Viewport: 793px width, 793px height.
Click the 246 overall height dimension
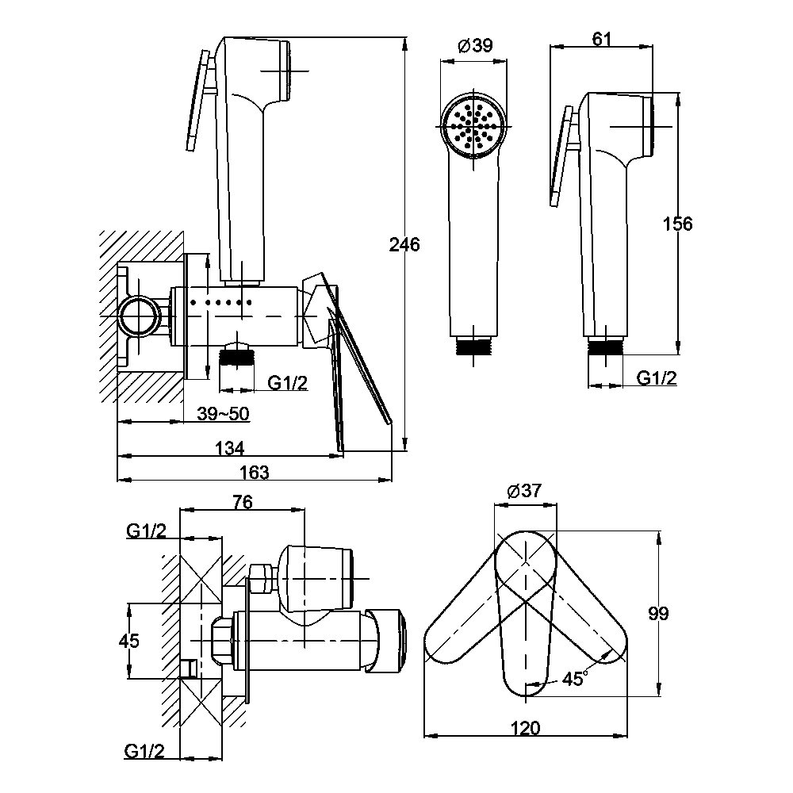pyautogui.click(x=405, y=244)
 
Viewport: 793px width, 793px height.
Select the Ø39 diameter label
pyautogui.click(x=476, y=46)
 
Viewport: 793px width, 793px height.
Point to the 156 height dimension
pyautogui.click(x=677, y=224)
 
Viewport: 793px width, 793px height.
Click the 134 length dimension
pyautogui.click(x=229, y=448)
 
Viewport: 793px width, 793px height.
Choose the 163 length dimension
pyautogui.click(x=254, y=472)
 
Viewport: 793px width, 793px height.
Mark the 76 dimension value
pyautogui.click(x=243, y=501)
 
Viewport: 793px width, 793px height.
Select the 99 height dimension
pyautogui.click(x=658, y=613)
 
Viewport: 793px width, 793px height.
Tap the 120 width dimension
pyautogui.click(x=527, y=728)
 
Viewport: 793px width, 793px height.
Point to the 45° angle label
pyautogui.click(x=574, y=679)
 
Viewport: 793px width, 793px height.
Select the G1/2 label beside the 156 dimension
pyautogui.click(x=657, y=377)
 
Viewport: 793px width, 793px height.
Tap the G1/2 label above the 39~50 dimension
pyautogui.click(x=286, y=384)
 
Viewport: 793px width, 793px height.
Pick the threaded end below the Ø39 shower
pyautogui.click(x=475, y=346)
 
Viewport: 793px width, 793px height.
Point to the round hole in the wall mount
pyautogui.click(x=136, y=316)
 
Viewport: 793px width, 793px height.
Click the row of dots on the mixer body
pyautogui.click(x=227, y=302)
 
